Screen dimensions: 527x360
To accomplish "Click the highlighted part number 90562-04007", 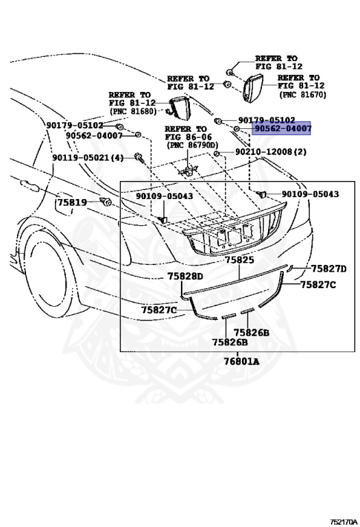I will pos(282,128).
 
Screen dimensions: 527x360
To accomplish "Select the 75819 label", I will pos(71,202).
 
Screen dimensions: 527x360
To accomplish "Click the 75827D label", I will pos(328,268).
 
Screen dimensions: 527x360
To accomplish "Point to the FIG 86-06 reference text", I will pos(186,137).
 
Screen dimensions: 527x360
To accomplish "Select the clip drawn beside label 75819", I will pos(106,201).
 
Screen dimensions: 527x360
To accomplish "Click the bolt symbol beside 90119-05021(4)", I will pos(139,158).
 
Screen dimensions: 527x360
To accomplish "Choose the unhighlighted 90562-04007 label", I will pos(95,136).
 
